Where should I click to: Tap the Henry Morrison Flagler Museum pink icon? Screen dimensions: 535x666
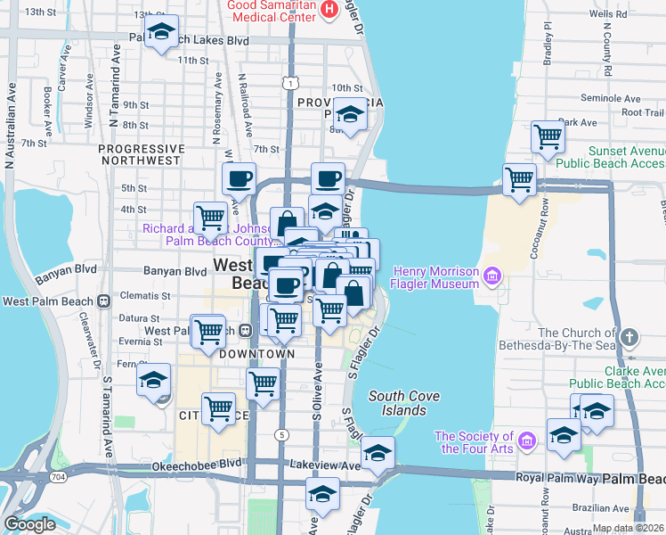point(490,277)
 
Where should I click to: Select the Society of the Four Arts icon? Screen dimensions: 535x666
point(526,441)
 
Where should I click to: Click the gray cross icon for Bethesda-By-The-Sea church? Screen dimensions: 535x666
point(630,338)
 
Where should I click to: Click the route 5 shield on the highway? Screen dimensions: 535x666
point(282,434)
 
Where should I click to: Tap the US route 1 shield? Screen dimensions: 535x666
point(290,83)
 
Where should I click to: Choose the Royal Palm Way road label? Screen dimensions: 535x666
point(556,478)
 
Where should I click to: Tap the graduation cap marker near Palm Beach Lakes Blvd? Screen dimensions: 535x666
point(161,34)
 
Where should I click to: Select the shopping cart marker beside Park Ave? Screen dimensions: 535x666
point(548,137)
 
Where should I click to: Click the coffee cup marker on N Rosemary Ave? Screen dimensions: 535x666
point(239,177)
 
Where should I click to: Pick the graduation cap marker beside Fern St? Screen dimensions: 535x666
point(153,380)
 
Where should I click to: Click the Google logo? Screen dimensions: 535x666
point(29,524)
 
